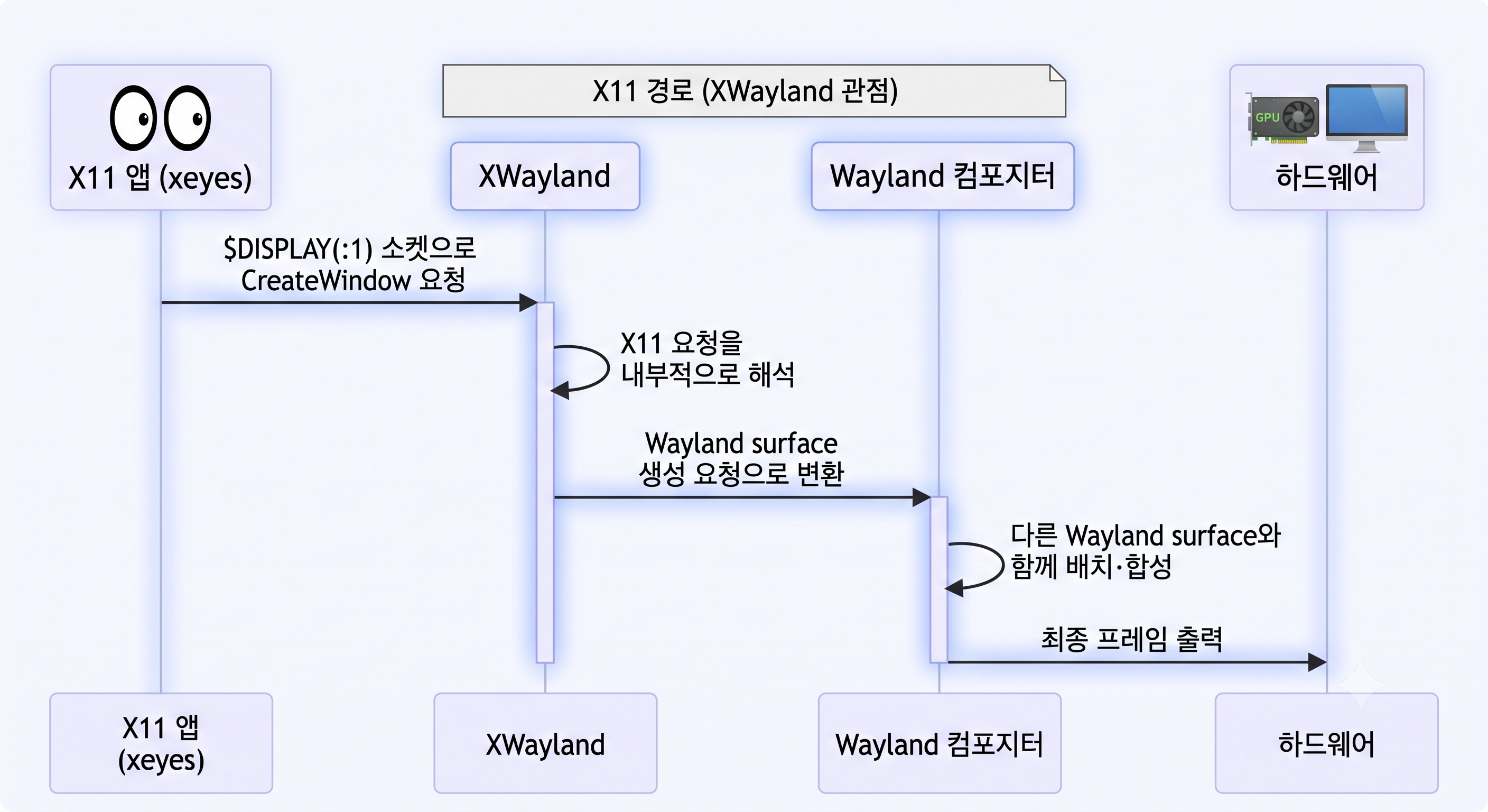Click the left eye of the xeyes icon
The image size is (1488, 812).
(x=134, y=118)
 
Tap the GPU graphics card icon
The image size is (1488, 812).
(x=1283, y=118)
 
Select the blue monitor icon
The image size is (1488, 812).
(x=1366, y=118)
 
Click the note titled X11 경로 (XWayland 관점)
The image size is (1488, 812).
(x=754, y=91)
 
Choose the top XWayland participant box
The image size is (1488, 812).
(x=545, y=176)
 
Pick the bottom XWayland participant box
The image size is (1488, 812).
(x=545, y=743)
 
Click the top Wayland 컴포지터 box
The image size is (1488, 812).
(x=942, y=176)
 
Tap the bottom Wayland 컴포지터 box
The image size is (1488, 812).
(x=939, y=743)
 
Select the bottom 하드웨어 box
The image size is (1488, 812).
(x=1326, y=743)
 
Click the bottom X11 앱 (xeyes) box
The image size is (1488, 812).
(x=161, y=743)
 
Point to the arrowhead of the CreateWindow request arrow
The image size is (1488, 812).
(x=529, y=302)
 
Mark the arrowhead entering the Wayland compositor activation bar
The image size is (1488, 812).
(x=922, y=497)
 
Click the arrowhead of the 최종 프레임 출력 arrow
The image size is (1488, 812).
(x=1317, y=662)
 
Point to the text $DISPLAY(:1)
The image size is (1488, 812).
(x=298, y=249)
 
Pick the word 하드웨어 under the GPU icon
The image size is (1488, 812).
(x=1326, y=177)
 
